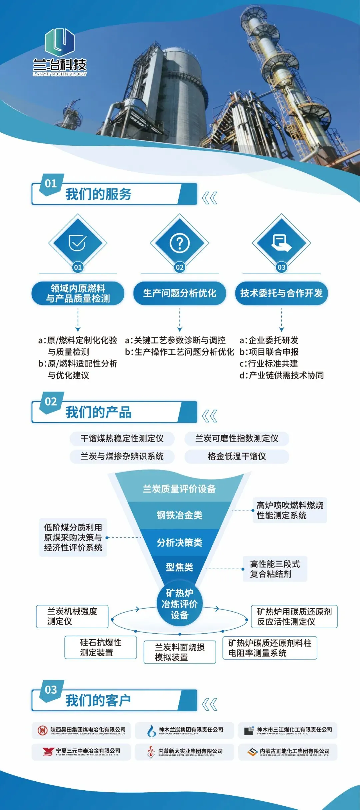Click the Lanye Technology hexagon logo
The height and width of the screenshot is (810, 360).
[59, 42]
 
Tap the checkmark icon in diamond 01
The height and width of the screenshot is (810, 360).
[78, 242]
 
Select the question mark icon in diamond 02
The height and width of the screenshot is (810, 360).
[180, 243]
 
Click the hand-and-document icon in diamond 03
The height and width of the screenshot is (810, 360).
[281, 242]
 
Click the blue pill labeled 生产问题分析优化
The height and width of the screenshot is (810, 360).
[180, 293]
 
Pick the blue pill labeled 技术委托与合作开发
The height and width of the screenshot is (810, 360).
[281, 293]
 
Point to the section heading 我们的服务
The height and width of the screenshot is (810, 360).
[98, 194]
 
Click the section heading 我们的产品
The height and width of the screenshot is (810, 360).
[98, 412]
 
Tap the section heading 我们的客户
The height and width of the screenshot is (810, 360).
[98, 700]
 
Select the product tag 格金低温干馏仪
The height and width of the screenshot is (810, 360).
[237, 456]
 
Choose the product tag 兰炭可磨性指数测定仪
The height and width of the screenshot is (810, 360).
[237, 438]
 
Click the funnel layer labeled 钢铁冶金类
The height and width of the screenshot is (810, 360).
[180, 515]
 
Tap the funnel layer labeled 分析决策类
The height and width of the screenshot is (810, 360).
[180, 543]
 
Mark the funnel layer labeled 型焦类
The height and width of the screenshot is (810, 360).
[180, 567]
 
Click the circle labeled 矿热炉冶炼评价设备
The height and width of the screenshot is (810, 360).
[180, 604]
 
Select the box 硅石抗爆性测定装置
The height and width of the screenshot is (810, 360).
[101, 647]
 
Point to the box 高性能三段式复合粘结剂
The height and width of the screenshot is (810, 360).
[275, 569]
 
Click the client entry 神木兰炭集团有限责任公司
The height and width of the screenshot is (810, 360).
[186, 730]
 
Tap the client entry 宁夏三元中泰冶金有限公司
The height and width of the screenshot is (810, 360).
[81, 752]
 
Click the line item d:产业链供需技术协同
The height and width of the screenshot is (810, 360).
[282, 375]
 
